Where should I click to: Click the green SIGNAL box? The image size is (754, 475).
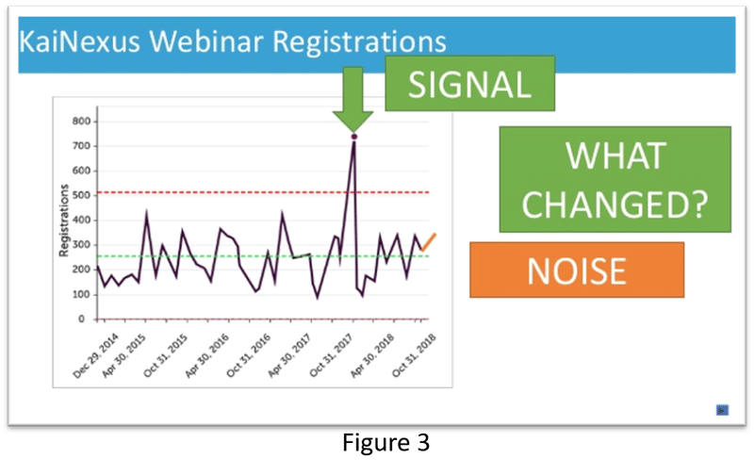(x=468, y=87)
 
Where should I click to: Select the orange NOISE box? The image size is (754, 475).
(x=577, y=270)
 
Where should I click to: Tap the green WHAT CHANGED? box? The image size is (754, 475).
(x=615, y=180)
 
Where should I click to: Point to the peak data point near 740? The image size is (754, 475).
(x=354, y=137)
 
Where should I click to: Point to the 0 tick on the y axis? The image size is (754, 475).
(x=86, y=319)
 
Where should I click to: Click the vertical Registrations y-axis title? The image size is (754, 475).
(x=64, y=221)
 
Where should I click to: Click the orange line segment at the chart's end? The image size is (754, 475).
(x=429, y=241)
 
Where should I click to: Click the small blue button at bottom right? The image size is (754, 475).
(x=722, y=409)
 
